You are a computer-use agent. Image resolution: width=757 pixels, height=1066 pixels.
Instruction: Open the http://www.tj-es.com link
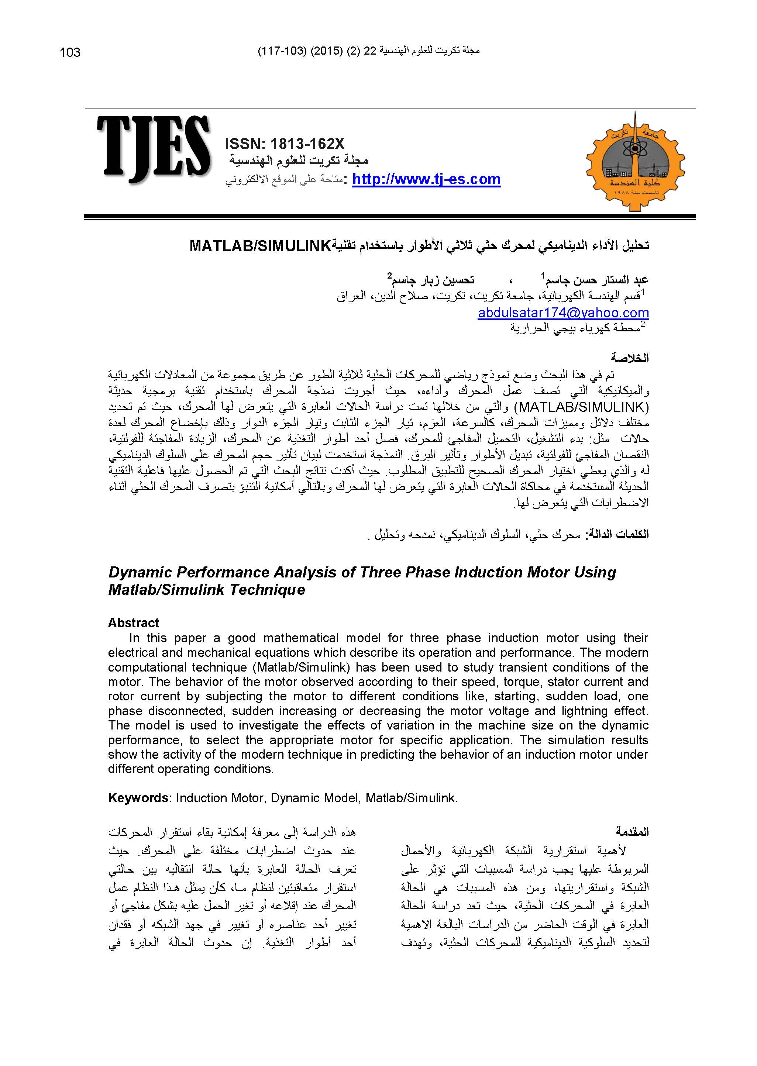pos(426,179)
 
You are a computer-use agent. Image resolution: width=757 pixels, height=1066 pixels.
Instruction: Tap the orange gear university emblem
pos(635,161)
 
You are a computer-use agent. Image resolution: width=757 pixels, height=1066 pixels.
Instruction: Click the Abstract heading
pos(133,623)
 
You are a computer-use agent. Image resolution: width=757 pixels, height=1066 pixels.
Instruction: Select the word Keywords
pos(138,798)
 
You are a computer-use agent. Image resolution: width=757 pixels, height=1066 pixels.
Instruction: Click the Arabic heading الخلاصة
pos(630,358)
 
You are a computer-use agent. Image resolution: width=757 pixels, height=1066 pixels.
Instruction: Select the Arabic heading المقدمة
pos(632,832)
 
